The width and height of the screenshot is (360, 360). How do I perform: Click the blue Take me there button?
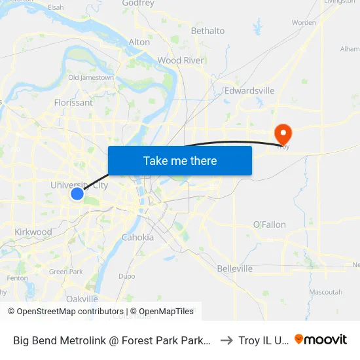pyautogui.click(x=180, y=160)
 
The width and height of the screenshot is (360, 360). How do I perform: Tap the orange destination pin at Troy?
pyautogui.click(x=283, y=134)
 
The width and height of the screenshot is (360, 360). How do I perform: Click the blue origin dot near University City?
pyautogui.click(x=77, y=194)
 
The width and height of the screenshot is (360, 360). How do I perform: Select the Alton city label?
pyautogui.click(x=139, y=42)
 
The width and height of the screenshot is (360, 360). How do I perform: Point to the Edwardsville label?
pyautogui.click(x=249, y=91)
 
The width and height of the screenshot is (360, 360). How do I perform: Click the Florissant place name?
pyautogui.click(x=73, y=103)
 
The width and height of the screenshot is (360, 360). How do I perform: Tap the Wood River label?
pyautogui.click(x=181, y=60)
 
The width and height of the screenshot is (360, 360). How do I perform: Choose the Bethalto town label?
pyautogui.click(x=207, y=31)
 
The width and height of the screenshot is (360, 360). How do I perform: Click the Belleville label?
pyautogui.click(x=234, y=268)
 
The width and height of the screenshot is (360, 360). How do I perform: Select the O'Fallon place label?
pyautogui.click(x=270, y=225)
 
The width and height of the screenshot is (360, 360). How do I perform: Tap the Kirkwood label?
pyautogui.click(x=33, y=232)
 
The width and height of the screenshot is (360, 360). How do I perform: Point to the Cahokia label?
pyautogui.click(x=137, y=237)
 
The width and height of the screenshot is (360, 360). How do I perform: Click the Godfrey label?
pyautogui.click(x=138, y=3)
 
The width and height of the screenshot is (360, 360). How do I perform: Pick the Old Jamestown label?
pyautogui.click(x=91, y=77)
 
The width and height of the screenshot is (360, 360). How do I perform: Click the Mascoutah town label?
pyautogui.click(x=325, y=292)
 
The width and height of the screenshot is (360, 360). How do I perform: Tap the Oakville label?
pyautogui.click(x=82, y=298)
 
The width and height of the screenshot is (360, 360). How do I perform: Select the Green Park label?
pyautogui.click(x=65, y=272)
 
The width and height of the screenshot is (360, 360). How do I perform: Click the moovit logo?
pyautogui.click(x=321, y=340)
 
